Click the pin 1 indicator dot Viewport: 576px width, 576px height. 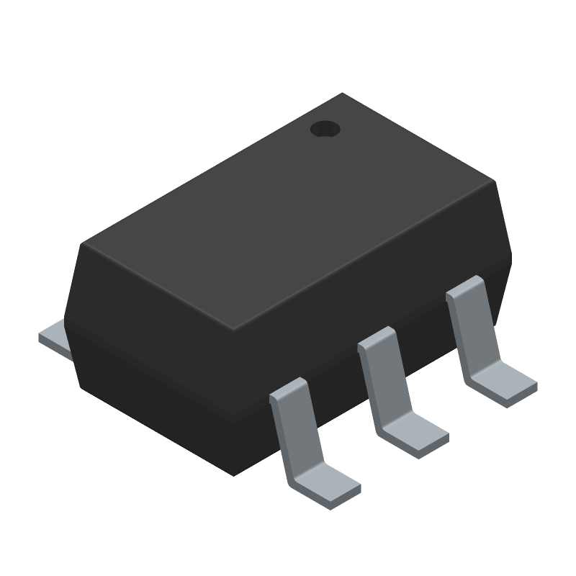coord(325,129)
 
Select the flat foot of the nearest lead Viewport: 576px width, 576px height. coord(325,486)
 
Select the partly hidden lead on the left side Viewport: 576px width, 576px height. coord(54,337)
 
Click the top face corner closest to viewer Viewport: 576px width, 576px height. coord(235,330)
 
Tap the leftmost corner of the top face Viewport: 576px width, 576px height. coord(84,243)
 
